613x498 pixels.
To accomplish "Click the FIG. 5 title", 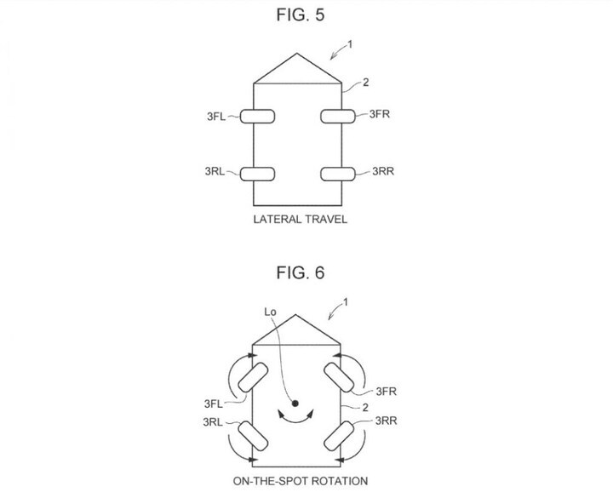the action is tap(301, 14).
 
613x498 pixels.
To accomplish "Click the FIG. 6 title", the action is tap(301, 272).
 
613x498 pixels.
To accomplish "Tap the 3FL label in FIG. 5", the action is tap(216, 117).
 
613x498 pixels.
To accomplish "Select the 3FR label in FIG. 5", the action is tap(380, 114).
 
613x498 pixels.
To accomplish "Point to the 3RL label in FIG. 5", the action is tap(215, 171).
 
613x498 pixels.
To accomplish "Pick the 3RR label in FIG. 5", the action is tap(383, 171).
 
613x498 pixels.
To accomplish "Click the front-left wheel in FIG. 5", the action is tap(257, 117).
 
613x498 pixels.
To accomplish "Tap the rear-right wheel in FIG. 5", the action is tap(338, 174).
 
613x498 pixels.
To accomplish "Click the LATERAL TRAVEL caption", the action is tap(301, 219).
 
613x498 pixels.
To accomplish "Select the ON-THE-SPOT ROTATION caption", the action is tap(301, 481).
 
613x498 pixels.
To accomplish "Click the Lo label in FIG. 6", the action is tap(270, 312).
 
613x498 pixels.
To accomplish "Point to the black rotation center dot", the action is tap(295, 403).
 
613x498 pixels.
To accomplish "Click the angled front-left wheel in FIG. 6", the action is tap(253, 377).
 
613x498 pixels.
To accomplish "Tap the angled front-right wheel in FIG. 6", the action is tap(339, 377).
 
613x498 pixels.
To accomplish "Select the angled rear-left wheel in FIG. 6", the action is tap(253, 436).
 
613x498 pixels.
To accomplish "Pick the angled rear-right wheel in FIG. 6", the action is tap(339, 436).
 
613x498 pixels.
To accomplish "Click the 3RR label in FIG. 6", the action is tap(387, 421).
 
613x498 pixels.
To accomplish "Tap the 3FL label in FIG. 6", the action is tap(214, 404).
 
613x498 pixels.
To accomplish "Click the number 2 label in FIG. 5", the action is tap(365, 83).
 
